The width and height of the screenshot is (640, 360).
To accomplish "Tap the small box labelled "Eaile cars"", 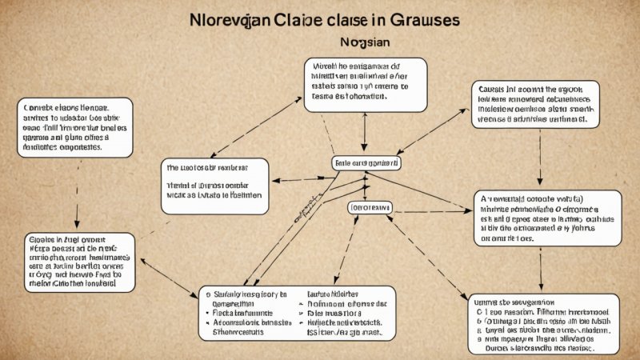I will (x=366, y=162).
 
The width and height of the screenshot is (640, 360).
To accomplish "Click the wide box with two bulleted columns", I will (x=296, y=312).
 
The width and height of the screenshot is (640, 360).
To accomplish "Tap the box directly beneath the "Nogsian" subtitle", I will (x=365, y=83).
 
